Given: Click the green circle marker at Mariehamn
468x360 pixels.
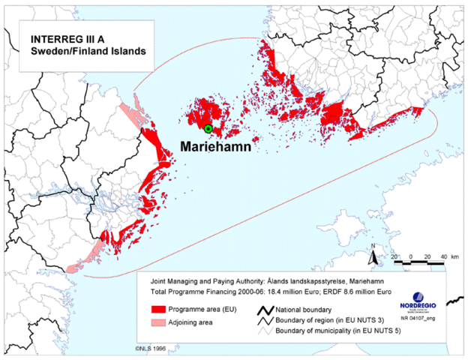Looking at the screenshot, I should pos(208,129).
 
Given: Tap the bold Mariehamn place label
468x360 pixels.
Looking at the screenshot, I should pos(220,147).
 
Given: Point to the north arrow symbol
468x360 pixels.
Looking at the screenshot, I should pos(372,256).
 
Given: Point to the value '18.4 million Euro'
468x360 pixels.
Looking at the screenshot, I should pos(286,289).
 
